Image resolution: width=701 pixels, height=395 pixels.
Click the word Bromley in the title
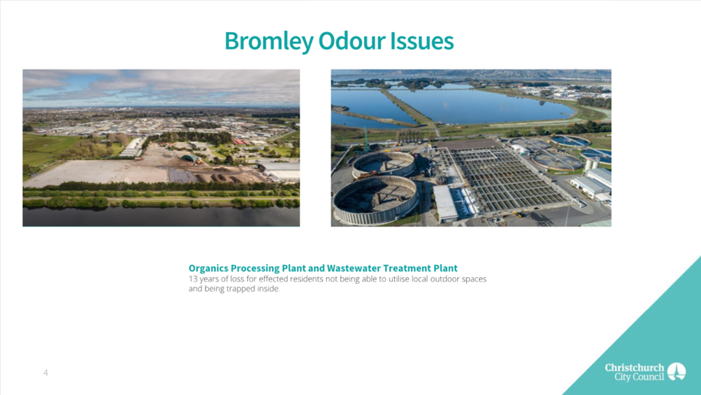coord(268,41)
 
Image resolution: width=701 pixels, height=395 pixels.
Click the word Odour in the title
coord(352,41)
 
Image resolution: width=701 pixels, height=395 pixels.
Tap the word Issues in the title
coord(422,41)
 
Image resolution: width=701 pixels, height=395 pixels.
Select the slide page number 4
coord(45,373)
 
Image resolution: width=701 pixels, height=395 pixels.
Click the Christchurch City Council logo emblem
coord(677,371)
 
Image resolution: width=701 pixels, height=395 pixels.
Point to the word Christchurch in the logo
coord(635,368)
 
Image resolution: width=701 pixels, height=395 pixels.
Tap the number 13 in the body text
coord(192,279)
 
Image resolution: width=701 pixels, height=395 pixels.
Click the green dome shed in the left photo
coord(191,158)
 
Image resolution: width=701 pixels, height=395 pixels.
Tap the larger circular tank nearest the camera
coord(375,199)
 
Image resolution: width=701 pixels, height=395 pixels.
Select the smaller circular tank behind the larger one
coord(384,164)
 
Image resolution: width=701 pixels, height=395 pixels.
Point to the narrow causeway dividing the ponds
coord(407,108)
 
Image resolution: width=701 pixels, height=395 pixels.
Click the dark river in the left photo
coord(161,217)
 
